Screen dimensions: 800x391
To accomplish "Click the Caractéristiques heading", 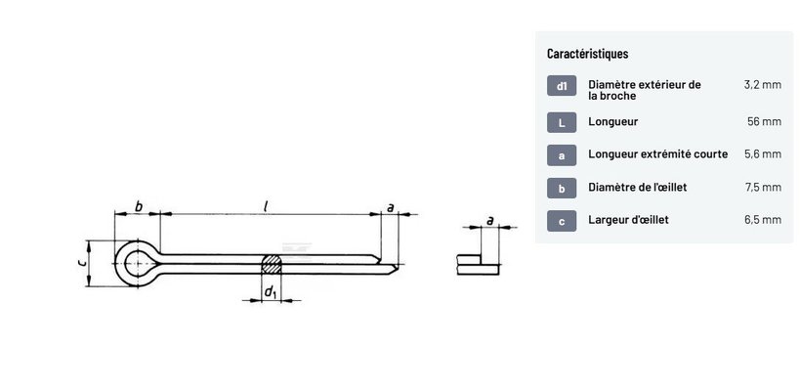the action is point(587,53).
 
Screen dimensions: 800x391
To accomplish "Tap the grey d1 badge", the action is point(562,86).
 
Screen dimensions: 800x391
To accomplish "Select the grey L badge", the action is point(562,122).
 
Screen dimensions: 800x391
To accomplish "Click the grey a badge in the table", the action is point(562,155).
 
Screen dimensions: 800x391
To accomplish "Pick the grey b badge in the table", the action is point(562,188).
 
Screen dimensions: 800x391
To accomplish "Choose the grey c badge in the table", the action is point(562,221).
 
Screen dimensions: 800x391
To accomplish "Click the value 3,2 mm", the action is point(763,85).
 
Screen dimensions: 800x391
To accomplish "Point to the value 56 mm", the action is point(764,122).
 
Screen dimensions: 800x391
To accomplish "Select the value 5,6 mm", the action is point(763,154).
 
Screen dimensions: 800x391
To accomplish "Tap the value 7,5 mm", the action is point(763,188).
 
